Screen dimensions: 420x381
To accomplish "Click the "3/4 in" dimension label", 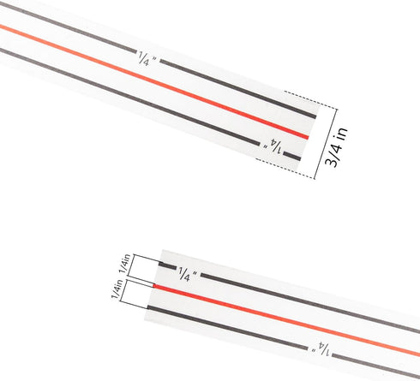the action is pos(337,146).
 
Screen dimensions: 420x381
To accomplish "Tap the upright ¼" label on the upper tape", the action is pos(148,59).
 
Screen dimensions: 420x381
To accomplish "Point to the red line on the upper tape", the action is pos(154,82).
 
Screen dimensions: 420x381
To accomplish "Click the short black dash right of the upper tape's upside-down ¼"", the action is pos(292,156).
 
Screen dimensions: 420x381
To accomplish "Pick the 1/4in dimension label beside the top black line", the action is pos(125,264).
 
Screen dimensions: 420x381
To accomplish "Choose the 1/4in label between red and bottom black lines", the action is pos(117,289).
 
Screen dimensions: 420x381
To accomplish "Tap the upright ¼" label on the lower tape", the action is pos(188,274).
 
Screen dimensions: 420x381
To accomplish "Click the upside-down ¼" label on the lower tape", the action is pos(321,348).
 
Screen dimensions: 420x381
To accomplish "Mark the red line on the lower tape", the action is pos(286,320).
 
